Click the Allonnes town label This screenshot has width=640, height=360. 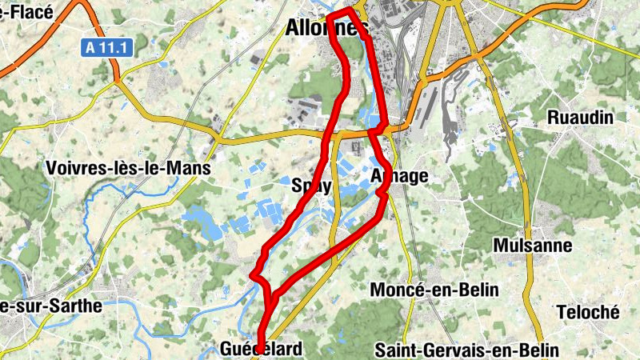tap(327, 29)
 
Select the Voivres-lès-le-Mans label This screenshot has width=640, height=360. tap(128, 169)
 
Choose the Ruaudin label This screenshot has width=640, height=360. tap(580, 118)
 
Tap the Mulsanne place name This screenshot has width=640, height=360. tap(533, 245)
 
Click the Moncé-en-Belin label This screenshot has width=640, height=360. tap(434, 290)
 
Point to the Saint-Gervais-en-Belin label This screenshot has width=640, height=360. tap(466, 350)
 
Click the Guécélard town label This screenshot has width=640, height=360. tap(262, 350)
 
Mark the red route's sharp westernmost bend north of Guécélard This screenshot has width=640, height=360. tap(253, 276)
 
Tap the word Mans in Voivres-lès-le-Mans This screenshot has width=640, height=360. tap(190, 169)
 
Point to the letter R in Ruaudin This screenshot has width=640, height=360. tap(553, 118)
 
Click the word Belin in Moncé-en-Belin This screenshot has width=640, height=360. tap(478, 290)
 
